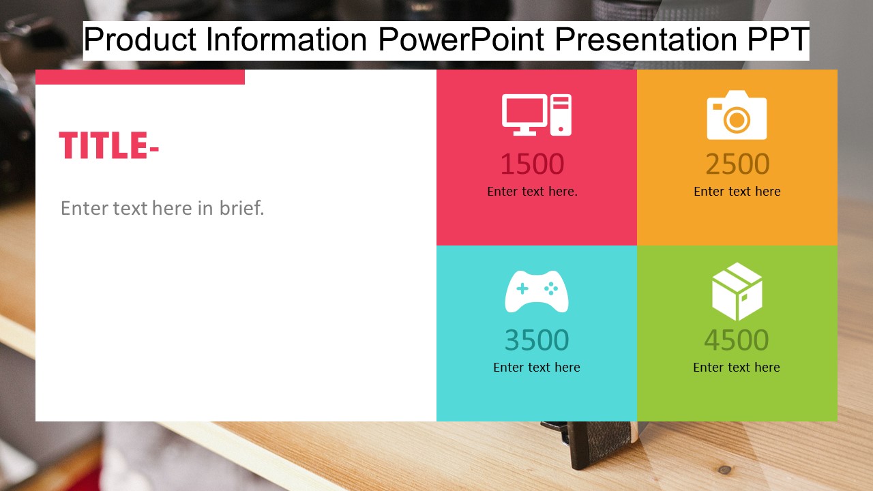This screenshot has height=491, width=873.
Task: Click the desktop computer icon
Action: pyautogui.click(x=537, y=115)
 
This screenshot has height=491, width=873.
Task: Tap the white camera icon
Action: pyautogui.click(x=737, y=115)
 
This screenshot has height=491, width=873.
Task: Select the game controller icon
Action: pyautogui.click(x=537, y=291)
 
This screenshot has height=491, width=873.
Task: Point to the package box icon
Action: pyautogui.click(x=737, y=291)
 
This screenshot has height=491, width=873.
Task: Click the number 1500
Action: pyautogui.click(x=533, y=164)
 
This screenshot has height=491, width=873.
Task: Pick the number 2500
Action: pyautogui.click(x=737, y=164)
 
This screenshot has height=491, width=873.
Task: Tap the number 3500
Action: pyautogui.click(x=537, y=340)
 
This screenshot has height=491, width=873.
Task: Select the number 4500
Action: pyautogui.click(x=736, y=340)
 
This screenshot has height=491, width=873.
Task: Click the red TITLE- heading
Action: pyautogui.click(x=109, y=145)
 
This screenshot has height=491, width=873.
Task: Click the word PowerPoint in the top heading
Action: pyautogui.click(x=461, y=40)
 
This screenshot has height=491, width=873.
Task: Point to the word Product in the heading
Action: pyautogui.click(x=140, y=40)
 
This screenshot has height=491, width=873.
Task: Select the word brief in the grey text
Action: pyautogui.click(x=242, y=208)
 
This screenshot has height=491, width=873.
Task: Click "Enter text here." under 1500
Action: pyautogui.click(x=533, y=192)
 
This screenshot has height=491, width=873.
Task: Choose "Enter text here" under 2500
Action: pyautogui.click(x=737, y=192)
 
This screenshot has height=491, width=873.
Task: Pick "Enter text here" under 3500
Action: pyautogui.click(x=537, y=367)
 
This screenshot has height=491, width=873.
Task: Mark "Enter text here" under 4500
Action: pyautogui.click(x=737, y=367)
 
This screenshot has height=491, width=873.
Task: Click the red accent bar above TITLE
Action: pyautogui.click(x=140, y=77)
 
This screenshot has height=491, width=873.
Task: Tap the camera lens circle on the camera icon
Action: pyautogui.click(x=737, y=119)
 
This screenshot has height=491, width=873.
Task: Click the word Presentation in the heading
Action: pyautogui.click(x=646, y=40)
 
